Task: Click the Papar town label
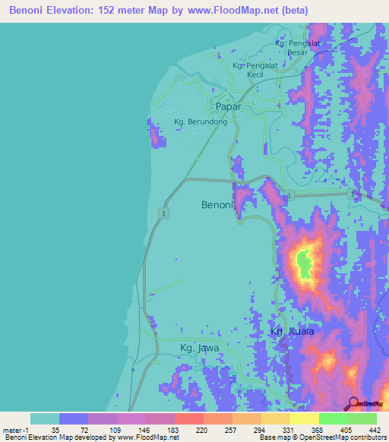228,107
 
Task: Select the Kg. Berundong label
201,122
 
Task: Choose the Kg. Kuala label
293,332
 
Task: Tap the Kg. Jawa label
199,348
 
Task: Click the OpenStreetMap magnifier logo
354,403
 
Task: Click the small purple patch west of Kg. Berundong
156,137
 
